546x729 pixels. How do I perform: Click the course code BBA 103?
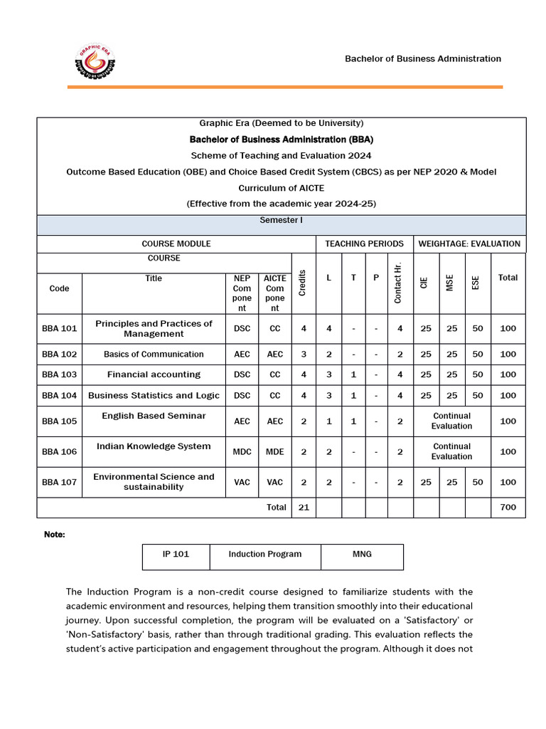click(60, 374)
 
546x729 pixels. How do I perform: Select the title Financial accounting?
click(154, 374)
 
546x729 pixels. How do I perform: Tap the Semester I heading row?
click(281, 221)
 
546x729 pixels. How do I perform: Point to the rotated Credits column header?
click(304, 283)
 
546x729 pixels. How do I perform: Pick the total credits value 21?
click(304, 508)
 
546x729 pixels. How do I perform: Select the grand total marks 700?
click(508, 508)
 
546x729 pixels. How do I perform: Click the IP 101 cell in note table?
click(176, 554)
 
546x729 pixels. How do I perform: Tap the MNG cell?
click(362, 554)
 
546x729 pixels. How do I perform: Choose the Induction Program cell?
click(265, 554)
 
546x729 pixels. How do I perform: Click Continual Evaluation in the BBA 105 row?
click(451, 421)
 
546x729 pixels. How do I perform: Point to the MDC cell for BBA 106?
click(242, 451)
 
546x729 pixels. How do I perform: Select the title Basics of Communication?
click(154, 354)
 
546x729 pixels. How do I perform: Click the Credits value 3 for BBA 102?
click(304, 354)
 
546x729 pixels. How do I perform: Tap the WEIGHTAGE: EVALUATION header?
click(469, 243)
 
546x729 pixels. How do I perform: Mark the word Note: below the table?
click(55, 534)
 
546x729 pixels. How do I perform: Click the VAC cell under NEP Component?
click(242, 482)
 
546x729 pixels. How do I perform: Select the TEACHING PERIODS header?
click(364, 243)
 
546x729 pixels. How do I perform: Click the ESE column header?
click(476, 283)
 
